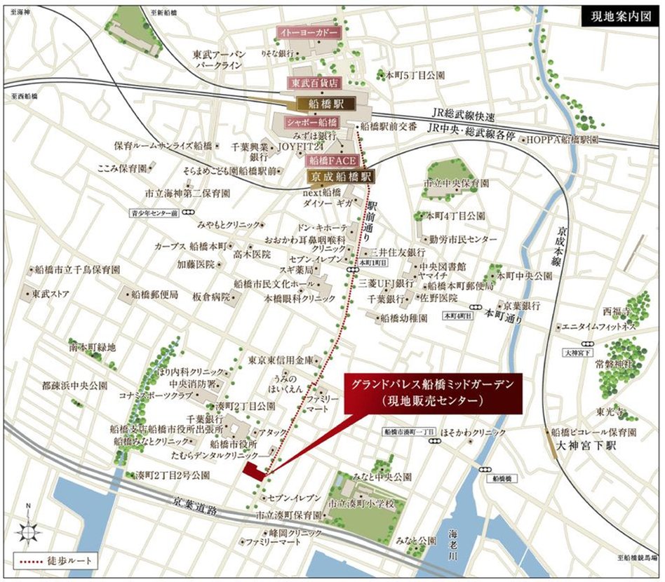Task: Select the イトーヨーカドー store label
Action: (309, 33)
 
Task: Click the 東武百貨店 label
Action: (314, 83)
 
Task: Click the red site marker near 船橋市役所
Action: (254, 471)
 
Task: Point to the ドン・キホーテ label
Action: (323, 229)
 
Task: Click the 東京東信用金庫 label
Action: (278, 360)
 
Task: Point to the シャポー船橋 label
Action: (311, 122)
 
